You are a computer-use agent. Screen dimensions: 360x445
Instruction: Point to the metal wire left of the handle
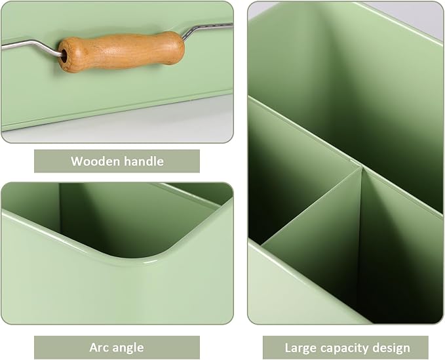pos(29,45)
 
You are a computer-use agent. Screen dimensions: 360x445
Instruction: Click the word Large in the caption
pos(300,348)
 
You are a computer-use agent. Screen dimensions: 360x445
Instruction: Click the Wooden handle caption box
pos(117,161)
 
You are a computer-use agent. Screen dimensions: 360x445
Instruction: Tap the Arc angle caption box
pos(117,347)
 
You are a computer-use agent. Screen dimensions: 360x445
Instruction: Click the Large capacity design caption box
pos(345,348)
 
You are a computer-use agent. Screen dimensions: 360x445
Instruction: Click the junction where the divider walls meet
pos(360,169)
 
